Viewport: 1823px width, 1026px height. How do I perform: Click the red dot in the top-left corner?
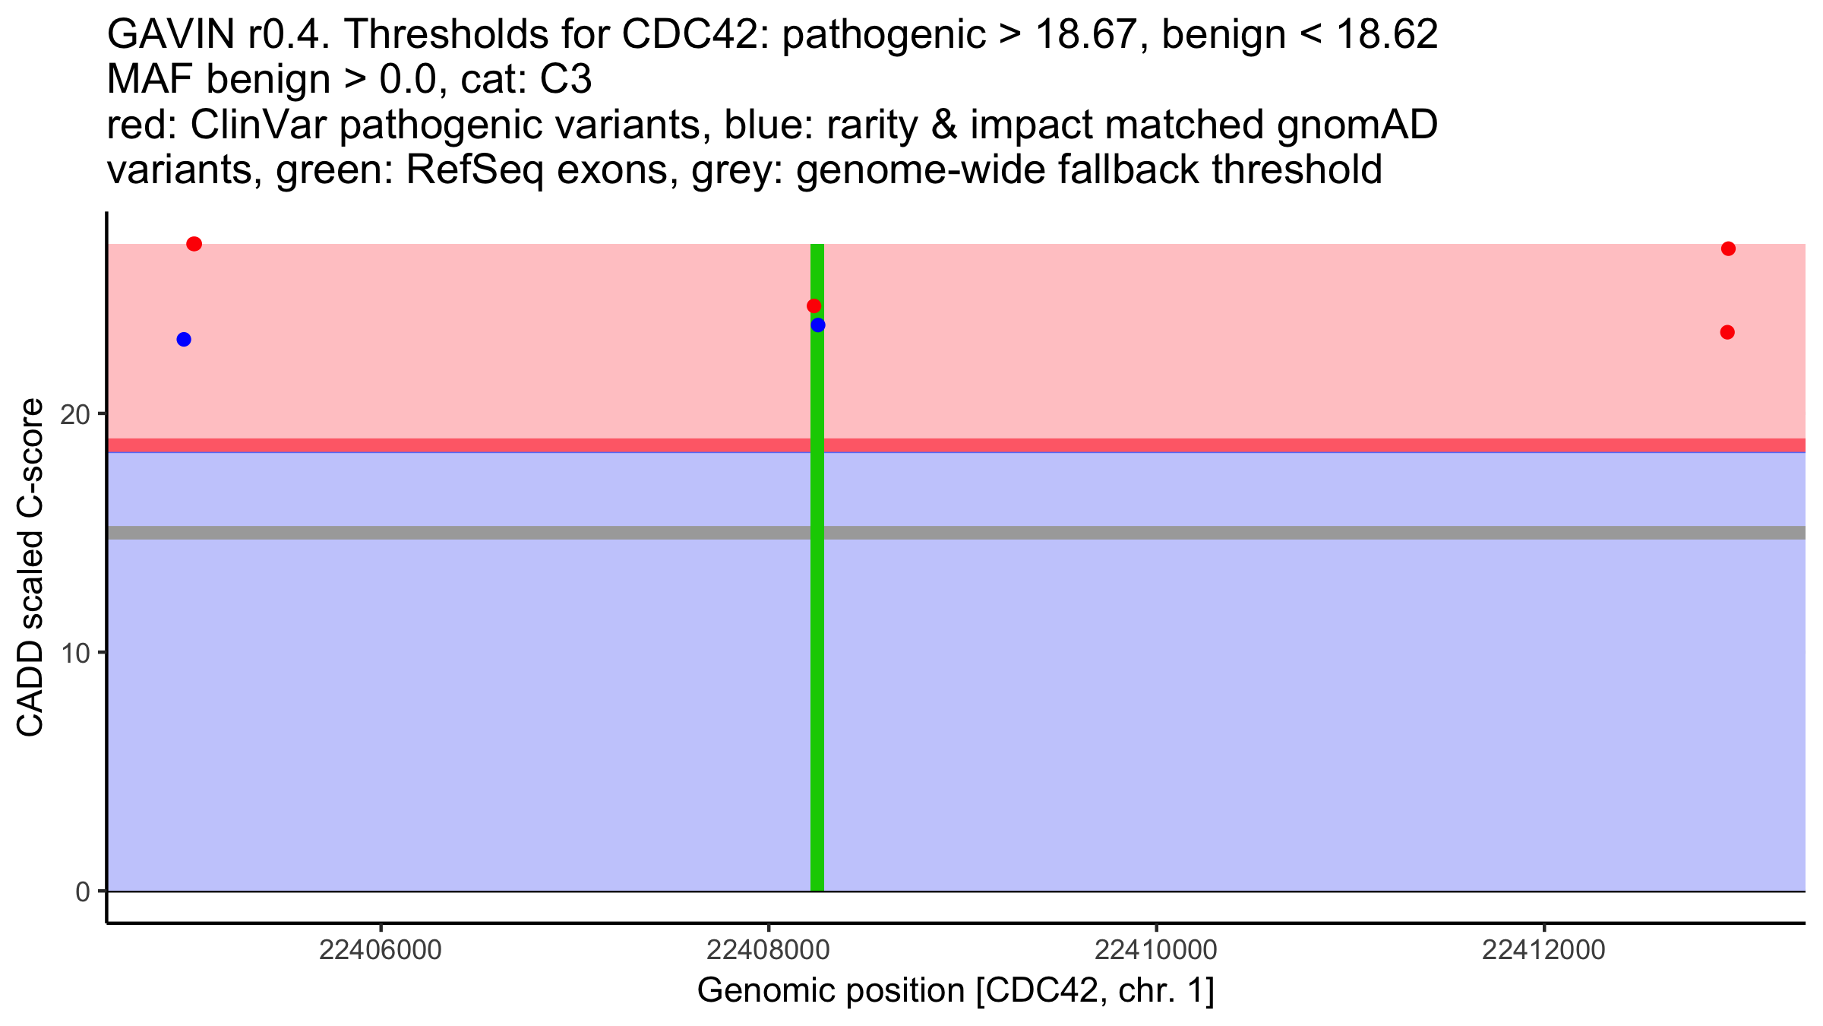click(x=194, y=244)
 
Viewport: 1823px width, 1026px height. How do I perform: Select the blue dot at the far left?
click(x=184, y=339)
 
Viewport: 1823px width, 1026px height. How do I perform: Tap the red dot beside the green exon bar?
click(x=814, y=306)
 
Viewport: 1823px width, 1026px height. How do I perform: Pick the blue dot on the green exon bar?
click(x=818, y=325)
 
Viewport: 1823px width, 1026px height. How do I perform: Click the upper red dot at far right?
click(x=1728, y=249)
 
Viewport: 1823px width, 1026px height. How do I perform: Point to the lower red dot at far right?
click(x=1727, y=332)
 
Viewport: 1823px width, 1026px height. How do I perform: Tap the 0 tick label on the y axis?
click(x=83, y=891)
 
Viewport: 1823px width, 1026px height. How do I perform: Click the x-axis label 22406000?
click(x=380, y=950)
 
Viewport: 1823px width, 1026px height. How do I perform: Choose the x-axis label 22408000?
click(x=768, y=950)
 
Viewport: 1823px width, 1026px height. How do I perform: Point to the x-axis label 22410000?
click(x=1156, y=950)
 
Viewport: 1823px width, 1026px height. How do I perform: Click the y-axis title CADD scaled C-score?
click(x=30, y=568)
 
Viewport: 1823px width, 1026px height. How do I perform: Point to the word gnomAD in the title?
click(x=1357, y=125)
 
